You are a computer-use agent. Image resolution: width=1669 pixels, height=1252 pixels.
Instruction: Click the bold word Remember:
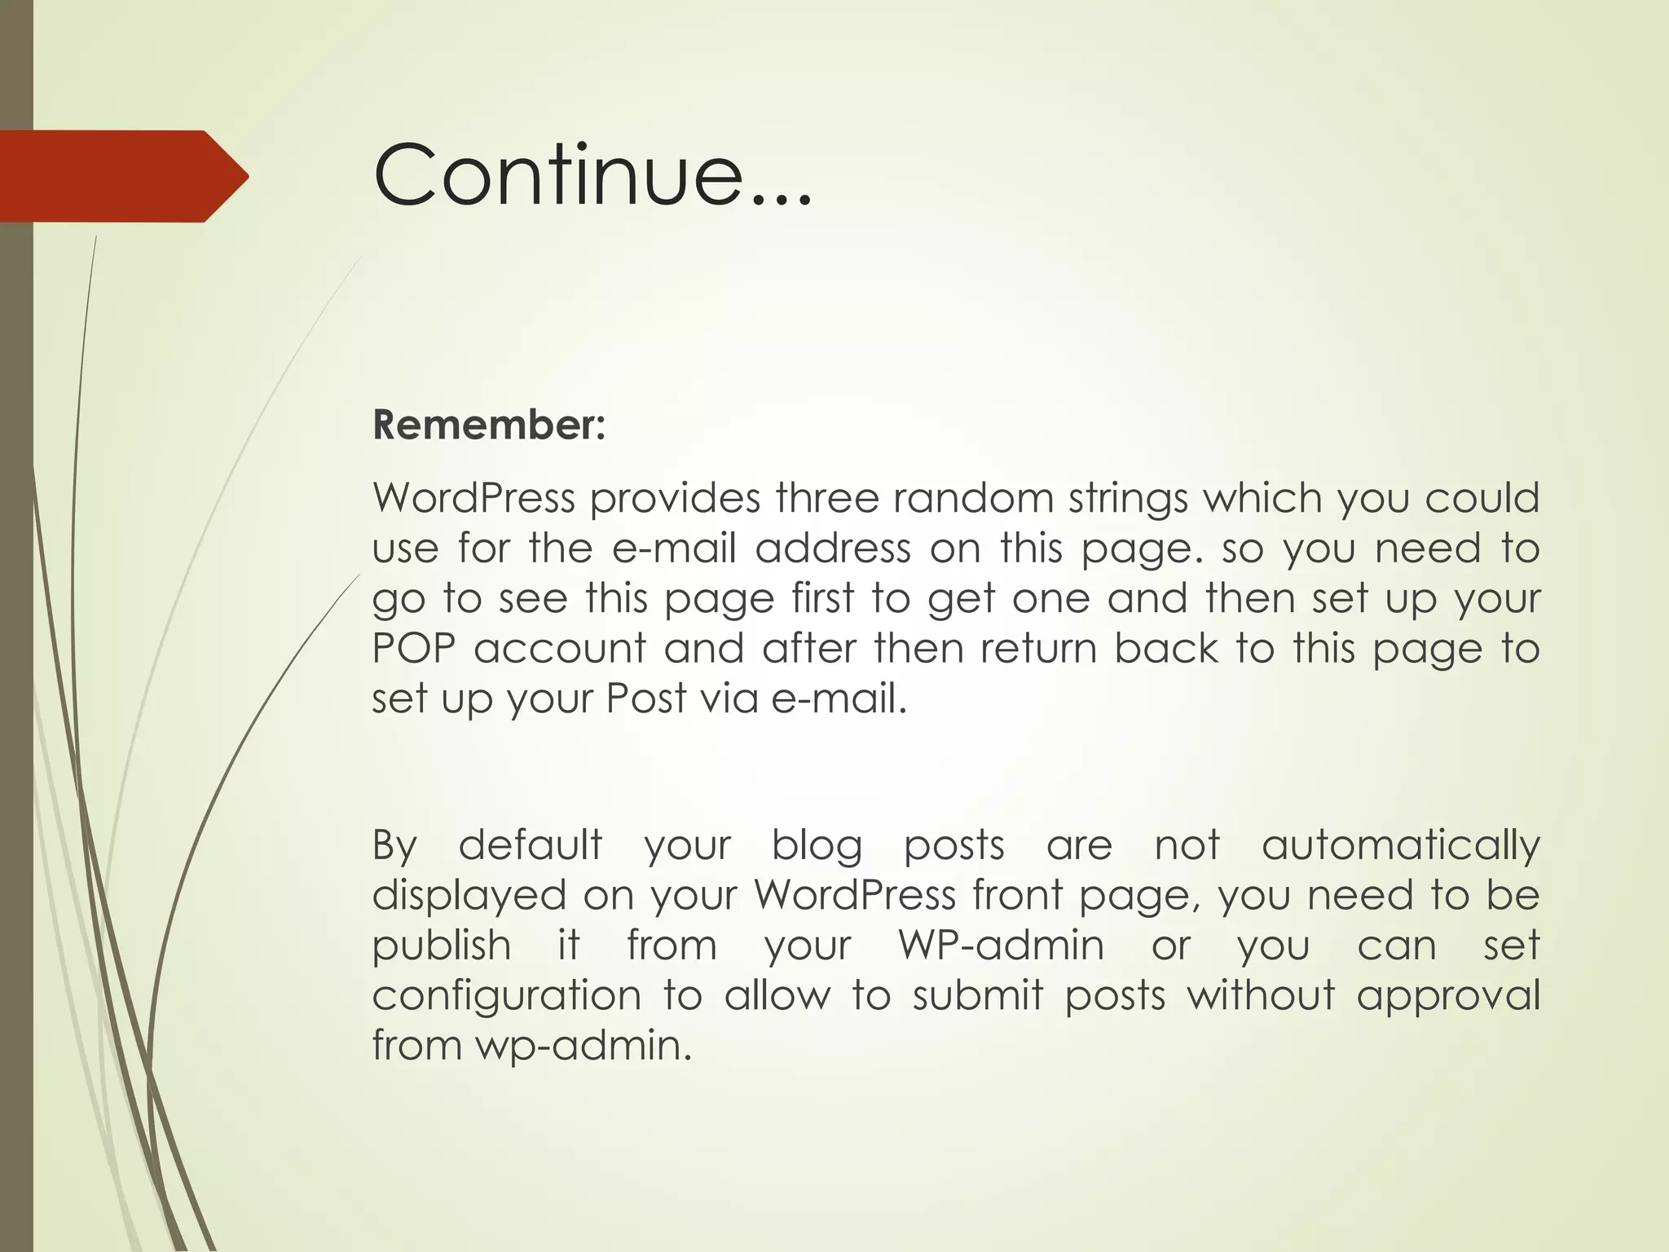489,425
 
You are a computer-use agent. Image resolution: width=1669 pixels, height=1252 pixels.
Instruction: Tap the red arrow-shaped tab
122,176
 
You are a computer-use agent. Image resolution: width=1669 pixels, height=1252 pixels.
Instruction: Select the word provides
675,499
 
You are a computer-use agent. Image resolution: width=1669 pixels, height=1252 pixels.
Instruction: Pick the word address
832,548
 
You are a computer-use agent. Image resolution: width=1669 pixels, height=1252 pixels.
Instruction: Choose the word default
531,844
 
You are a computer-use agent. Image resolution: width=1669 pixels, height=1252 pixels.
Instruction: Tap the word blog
817,846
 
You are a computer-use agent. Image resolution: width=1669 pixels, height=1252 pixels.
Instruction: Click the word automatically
1400,846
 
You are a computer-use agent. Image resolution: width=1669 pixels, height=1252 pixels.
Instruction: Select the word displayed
469,896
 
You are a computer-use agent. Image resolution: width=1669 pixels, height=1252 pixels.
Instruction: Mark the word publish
442,946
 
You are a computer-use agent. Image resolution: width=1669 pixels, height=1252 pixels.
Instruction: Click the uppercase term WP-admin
1001,946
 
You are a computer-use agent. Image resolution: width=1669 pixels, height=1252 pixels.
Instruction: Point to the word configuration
506,996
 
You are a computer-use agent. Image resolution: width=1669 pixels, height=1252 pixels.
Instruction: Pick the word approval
1447,996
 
